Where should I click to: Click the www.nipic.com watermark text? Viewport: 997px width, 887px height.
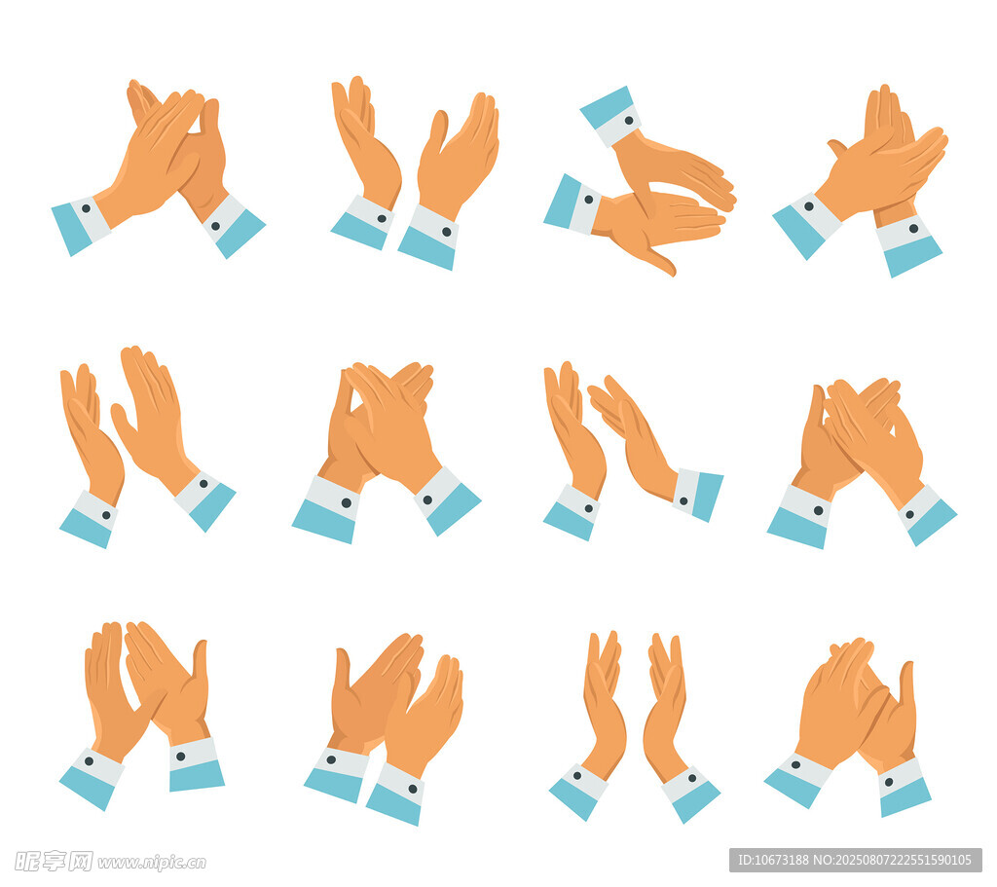click(x=151, y=863)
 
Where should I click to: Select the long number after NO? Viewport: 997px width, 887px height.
click(x=903, y=861)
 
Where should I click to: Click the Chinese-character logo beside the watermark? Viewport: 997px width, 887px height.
click(x=55, y=862)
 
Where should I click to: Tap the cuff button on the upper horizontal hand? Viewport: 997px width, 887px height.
click(x=629, y=120)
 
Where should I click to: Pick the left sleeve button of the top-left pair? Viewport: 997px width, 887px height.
click(x=86, y=208)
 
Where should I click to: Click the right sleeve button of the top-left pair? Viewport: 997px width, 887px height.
click(x=215, y=226)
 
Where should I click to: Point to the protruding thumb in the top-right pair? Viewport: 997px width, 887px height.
click(x=837, y=148)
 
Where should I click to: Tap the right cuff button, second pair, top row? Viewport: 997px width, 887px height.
click(x=446, y=232)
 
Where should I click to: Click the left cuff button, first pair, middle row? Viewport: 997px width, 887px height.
click(x=106, y=515)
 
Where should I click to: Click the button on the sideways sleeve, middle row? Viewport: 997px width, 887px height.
click(x=683, y=501)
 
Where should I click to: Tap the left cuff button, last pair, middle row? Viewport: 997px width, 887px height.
click(x=818, y=510)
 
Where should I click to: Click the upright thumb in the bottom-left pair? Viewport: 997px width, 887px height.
click(x=201, y=661)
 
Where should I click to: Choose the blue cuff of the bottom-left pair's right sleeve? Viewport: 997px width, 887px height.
click(x=197, y=774)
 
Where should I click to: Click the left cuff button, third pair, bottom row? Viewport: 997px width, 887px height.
click(x=577, y=776)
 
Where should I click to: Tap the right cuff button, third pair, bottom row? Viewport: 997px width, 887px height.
click(x=692, y=778)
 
